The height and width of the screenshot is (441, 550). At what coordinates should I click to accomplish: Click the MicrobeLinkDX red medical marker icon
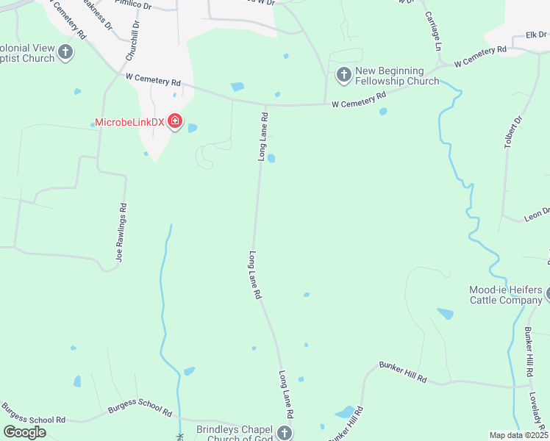point(175,121)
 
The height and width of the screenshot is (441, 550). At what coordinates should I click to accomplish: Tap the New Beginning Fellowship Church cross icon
point(343,74)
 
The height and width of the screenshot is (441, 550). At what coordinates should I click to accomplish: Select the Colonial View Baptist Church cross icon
point(65,52)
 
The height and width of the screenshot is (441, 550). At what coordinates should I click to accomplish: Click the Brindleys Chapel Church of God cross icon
point(285,433)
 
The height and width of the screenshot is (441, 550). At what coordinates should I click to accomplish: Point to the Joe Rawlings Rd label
point(123,233)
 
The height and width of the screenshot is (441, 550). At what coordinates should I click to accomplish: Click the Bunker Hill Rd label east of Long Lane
point(403,371)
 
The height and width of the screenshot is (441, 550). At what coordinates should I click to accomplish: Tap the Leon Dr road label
point(537,213)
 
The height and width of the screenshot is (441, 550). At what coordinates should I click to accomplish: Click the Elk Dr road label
point(537,35)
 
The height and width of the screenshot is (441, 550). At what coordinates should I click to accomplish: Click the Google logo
point(25,432)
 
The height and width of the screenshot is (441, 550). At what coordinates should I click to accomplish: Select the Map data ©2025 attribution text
point(518,435)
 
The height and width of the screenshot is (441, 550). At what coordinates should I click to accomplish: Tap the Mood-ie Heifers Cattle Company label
point(506,294)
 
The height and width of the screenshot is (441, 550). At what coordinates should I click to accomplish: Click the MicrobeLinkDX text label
point(129,122)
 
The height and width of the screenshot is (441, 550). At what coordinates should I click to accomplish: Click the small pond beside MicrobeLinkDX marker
point(193,128)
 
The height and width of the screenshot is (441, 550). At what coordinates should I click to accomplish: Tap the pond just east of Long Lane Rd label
point(271,158)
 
